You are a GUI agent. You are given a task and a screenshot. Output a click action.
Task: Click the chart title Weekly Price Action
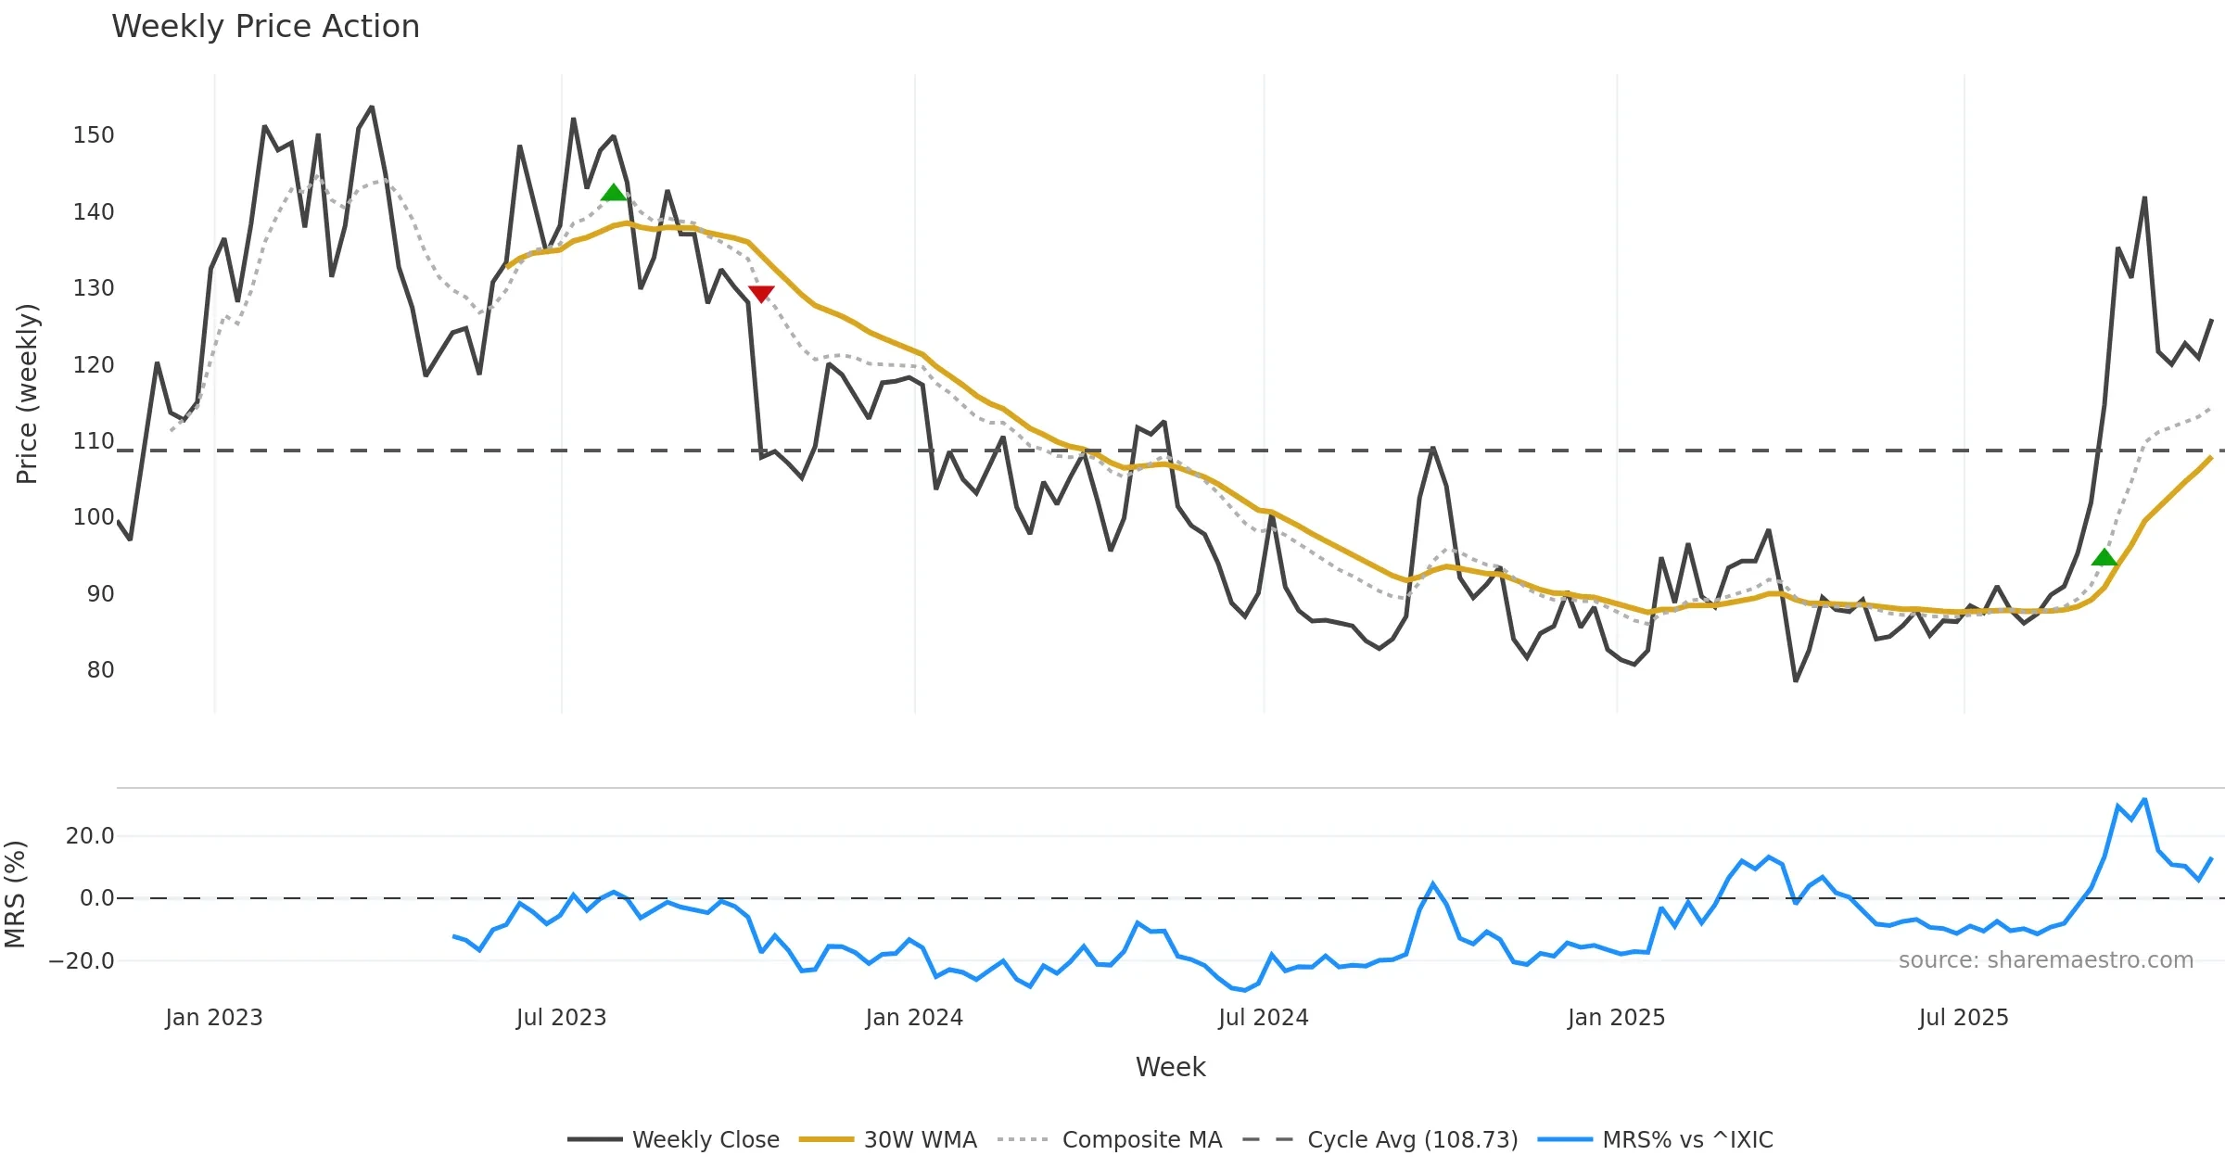pos(265,27)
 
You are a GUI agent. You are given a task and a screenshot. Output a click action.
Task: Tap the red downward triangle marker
pos(761,294)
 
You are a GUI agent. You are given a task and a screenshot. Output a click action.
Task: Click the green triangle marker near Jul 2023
pos(614,193)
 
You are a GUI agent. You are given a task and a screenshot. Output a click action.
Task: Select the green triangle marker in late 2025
pos(2104,557)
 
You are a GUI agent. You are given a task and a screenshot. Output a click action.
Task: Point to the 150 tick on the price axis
pos(94,135)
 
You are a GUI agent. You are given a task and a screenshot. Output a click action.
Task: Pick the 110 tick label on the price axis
pos(94,441)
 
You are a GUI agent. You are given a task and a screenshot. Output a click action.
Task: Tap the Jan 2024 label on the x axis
pos(914,1018)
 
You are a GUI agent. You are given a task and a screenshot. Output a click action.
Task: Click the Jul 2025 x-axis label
pos(1964,1018)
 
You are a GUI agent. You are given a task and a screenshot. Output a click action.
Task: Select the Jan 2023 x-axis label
pos(214,1018)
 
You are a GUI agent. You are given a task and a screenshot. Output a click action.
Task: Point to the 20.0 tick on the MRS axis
pos(90,836)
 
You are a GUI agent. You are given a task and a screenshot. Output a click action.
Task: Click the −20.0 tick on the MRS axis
pos(82,961)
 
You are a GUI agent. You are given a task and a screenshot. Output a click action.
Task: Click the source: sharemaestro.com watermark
pos(2045,960)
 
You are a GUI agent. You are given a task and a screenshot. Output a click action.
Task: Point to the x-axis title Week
pos(1170,1068)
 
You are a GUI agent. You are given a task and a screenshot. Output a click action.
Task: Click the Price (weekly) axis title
pos(28,394)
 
